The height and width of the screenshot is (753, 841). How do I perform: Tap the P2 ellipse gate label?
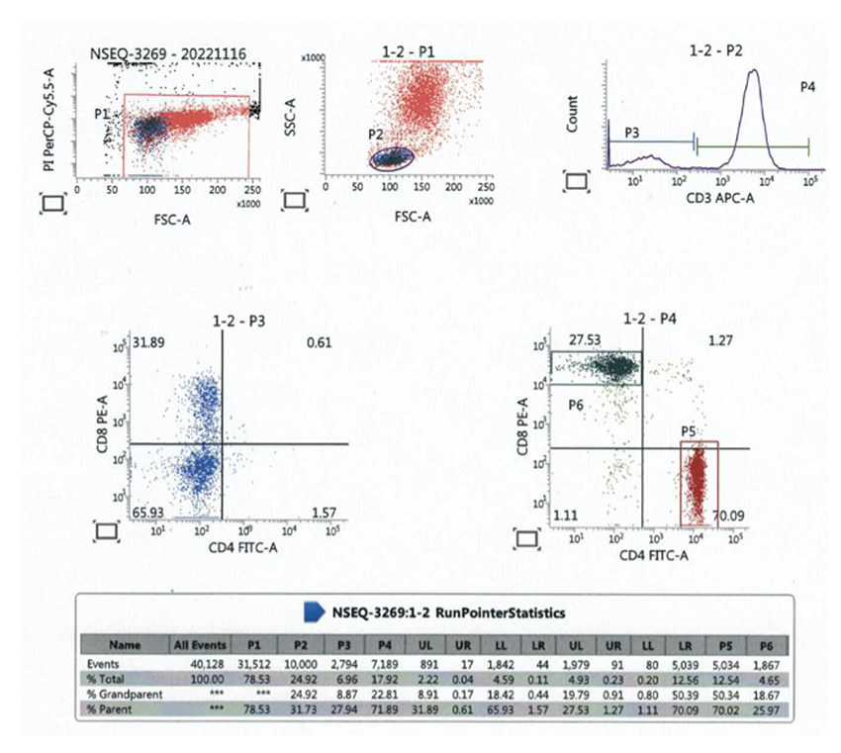(x=375, y=135)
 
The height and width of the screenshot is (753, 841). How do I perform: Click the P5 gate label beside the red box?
(x=691, y=431)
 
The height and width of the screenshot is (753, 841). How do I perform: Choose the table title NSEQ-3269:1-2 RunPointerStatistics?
(x=449, y=612)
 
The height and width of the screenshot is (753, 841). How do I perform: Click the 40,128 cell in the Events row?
(x=202, y=659)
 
